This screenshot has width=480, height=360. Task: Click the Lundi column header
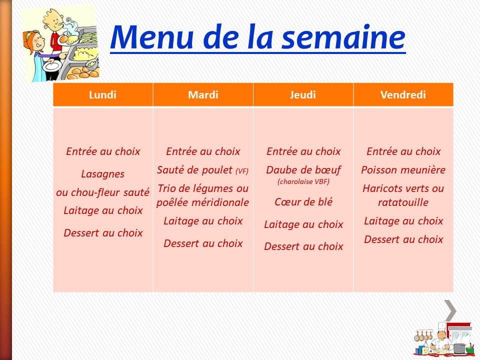[x=102, y=95]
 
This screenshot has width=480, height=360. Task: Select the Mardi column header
[x=203, y=95]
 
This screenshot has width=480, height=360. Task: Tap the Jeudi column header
[x=303, y=95]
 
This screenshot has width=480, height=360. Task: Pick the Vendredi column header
[x=403, y=95]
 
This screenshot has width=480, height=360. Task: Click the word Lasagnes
[x=102, y=174]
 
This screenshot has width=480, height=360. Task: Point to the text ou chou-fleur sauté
[x=102, y=192]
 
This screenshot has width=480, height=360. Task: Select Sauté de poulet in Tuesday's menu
[x=195, y=170]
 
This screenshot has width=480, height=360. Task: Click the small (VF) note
[x=241, y=171]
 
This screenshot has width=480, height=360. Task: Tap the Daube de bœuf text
[x=303, y=170]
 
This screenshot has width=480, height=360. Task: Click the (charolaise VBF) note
[x=303, y=182]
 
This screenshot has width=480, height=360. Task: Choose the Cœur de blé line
[x=303, y=202]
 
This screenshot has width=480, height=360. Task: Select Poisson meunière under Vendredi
[x=403, y=170]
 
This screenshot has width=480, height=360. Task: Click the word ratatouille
[x=403, y=202]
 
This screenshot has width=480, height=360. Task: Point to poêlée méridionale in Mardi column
[x=202, y=202]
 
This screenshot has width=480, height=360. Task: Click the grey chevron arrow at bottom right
[x=450, y=310]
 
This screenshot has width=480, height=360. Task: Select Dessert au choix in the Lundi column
[x=102, y=233]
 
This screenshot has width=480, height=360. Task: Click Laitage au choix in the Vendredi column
[x=403, y=221]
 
